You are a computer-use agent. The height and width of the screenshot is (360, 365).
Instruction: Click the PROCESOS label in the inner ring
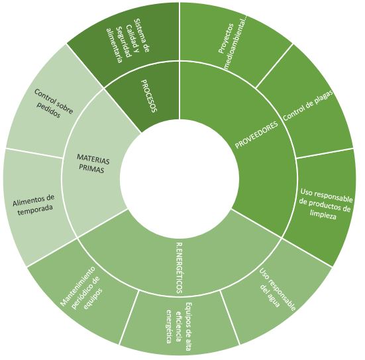149,96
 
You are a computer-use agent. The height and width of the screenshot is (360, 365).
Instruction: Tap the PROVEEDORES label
257,135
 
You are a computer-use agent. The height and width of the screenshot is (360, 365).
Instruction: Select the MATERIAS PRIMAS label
93,164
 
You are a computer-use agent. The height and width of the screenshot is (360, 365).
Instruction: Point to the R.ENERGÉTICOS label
180,268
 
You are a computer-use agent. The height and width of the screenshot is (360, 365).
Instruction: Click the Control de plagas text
308,105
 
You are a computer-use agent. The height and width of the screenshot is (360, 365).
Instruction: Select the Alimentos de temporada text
34,205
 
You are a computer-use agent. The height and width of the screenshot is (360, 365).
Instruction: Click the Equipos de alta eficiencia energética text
179,323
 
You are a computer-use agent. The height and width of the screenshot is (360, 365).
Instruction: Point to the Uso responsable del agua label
276,288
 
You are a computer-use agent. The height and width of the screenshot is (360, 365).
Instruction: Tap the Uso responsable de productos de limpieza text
325,204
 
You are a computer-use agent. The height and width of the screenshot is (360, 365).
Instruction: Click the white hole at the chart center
180,179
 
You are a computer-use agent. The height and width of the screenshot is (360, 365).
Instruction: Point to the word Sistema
142,34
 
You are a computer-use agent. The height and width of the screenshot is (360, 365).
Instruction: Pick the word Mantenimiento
78,286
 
